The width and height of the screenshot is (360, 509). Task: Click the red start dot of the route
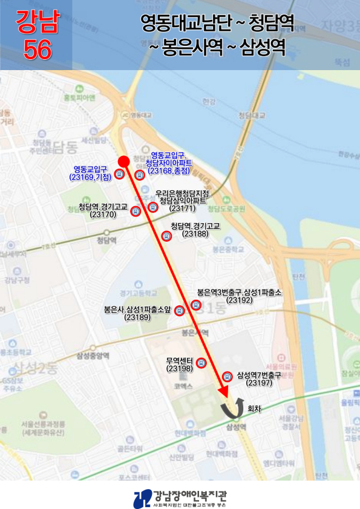(x=123, y=161)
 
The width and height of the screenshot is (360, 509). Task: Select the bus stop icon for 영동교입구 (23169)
(x=119, y=175)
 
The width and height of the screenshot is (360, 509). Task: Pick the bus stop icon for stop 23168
(x=140, y=175)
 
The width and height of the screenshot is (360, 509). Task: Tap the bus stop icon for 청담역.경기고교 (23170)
(x=136, y=211)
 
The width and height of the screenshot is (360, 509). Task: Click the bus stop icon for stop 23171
(x=152, y=207)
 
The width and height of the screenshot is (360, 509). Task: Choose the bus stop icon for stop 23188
(x=166, y=236)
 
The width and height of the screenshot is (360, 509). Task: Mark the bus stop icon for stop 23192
(x=195, y=305)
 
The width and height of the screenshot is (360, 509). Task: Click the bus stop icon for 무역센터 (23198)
(x=201, y=363)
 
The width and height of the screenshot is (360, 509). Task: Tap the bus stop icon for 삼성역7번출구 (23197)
(x=227, y=375)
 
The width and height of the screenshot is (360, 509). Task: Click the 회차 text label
(x=255, y=409)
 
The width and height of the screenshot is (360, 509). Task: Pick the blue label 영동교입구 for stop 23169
(x=90, y=169)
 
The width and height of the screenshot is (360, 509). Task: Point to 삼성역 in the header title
(x=262, y=47)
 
